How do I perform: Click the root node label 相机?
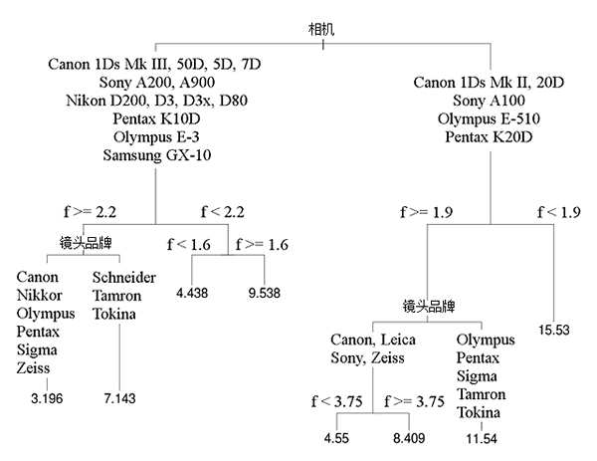pos(321,29)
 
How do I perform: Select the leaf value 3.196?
pos(47,398)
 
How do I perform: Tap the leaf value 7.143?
pos(119,398)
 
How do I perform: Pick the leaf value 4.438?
pos(192,293)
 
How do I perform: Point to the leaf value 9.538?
pos(265,293)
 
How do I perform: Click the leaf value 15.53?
pos(554,330)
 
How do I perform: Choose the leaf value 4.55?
pos(336,438)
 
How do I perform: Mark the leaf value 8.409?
pos(409,438)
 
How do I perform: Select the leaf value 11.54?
pos(482,438)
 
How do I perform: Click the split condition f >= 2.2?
pos(90,212)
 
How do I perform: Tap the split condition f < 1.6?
pos(189,245)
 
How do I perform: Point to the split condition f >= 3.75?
pos(414,401)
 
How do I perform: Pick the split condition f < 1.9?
pos(559,212)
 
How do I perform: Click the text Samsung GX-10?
pos(157,155)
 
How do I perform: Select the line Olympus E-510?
pos(489,118)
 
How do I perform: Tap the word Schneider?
pos(124,278)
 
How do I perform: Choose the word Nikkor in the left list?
pos(39,296)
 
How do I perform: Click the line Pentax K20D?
pos(489,137)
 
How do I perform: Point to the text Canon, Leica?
pos(373,340)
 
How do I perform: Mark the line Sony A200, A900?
pos(157,83)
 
